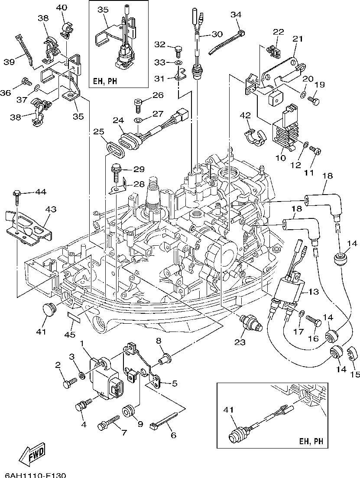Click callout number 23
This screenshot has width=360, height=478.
[240, 342]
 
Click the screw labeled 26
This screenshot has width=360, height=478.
[137, 104]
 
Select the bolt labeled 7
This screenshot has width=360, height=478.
[108, 423]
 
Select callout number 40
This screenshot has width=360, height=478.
[62, 7]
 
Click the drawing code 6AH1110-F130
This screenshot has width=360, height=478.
[33, 475]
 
